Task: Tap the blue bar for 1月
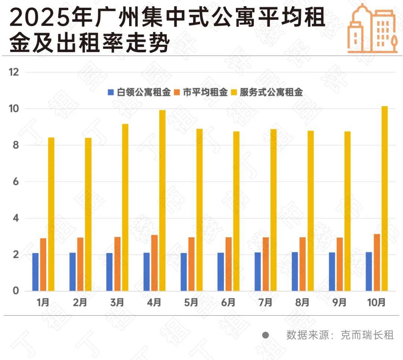35,272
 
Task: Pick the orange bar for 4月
154,263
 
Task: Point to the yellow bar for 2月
88,215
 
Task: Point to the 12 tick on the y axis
14,72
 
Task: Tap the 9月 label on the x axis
339,303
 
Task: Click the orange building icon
371,28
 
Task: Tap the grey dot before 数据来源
265,335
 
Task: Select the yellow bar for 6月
236,211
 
